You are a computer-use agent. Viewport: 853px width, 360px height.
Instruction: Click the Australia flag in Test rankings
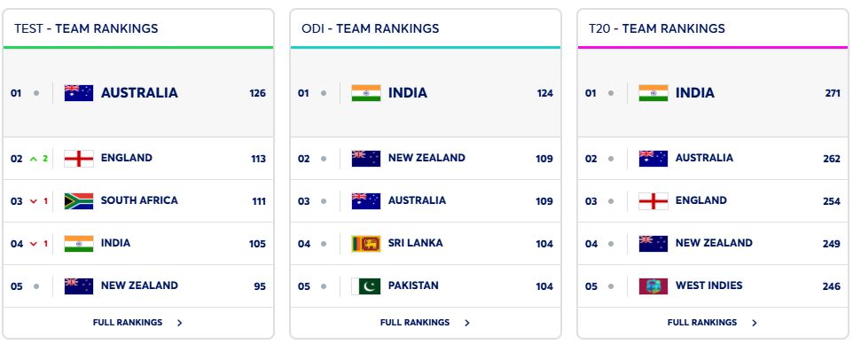click(x=79, y=93)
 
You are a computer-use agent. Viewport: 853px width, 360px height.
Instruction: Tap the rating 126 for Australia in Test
click(x=257, y=93)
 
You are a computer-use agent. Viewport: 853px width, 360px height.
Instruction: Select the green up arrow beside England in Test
click(x=34, y=159)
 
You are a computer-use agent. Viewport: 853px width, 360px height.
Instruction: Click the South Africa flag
click(x=79, y=201)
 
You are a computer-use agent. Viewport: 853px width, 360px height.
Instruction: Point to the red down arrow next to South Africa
click(x=34, y=201)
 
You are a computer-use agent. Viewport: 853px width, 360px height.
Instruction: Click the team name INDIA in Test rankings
click(x=115, y=243)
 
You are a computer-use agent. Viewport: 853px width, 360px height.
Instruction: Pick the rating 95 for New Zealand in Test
click(x=258, y=286)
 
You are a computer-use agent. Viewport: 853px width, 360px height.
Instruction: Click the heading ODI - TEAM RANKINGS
click(x=370, y=28)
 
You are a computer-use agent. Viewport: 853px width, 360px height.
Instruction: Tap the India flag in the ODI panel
click(x=366, y=93)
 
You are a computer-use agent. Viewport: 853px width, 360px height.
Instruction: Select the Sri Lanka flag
click(x=366, y=243)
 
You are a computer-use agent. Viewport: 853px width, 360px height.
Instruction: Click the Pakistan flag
click(x=366, y=286)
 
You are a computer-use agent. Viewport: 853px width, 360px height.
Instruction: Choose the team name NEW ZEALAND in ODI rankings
click(x=426, y=158)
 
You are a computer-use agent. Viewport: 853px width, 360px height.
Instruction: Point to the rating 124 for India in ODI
click(x=544, y=93)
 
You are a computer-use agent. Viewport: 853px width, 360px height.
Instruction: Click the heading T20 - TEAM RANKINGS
click(x=656, y=28)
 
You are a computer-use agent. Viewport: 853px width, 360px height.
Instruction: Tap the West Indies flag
click(x=653, y=286)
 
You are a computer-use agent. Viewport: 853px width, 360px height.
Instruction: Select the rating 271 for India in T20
click(x=832, y=93)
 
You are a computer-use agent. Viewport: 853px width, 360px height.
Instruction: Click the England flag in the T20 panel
click(x=653, y=201)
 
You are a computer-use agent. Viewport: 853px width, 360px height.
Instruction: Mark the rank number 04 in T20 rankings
click(x=591, y=244)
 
